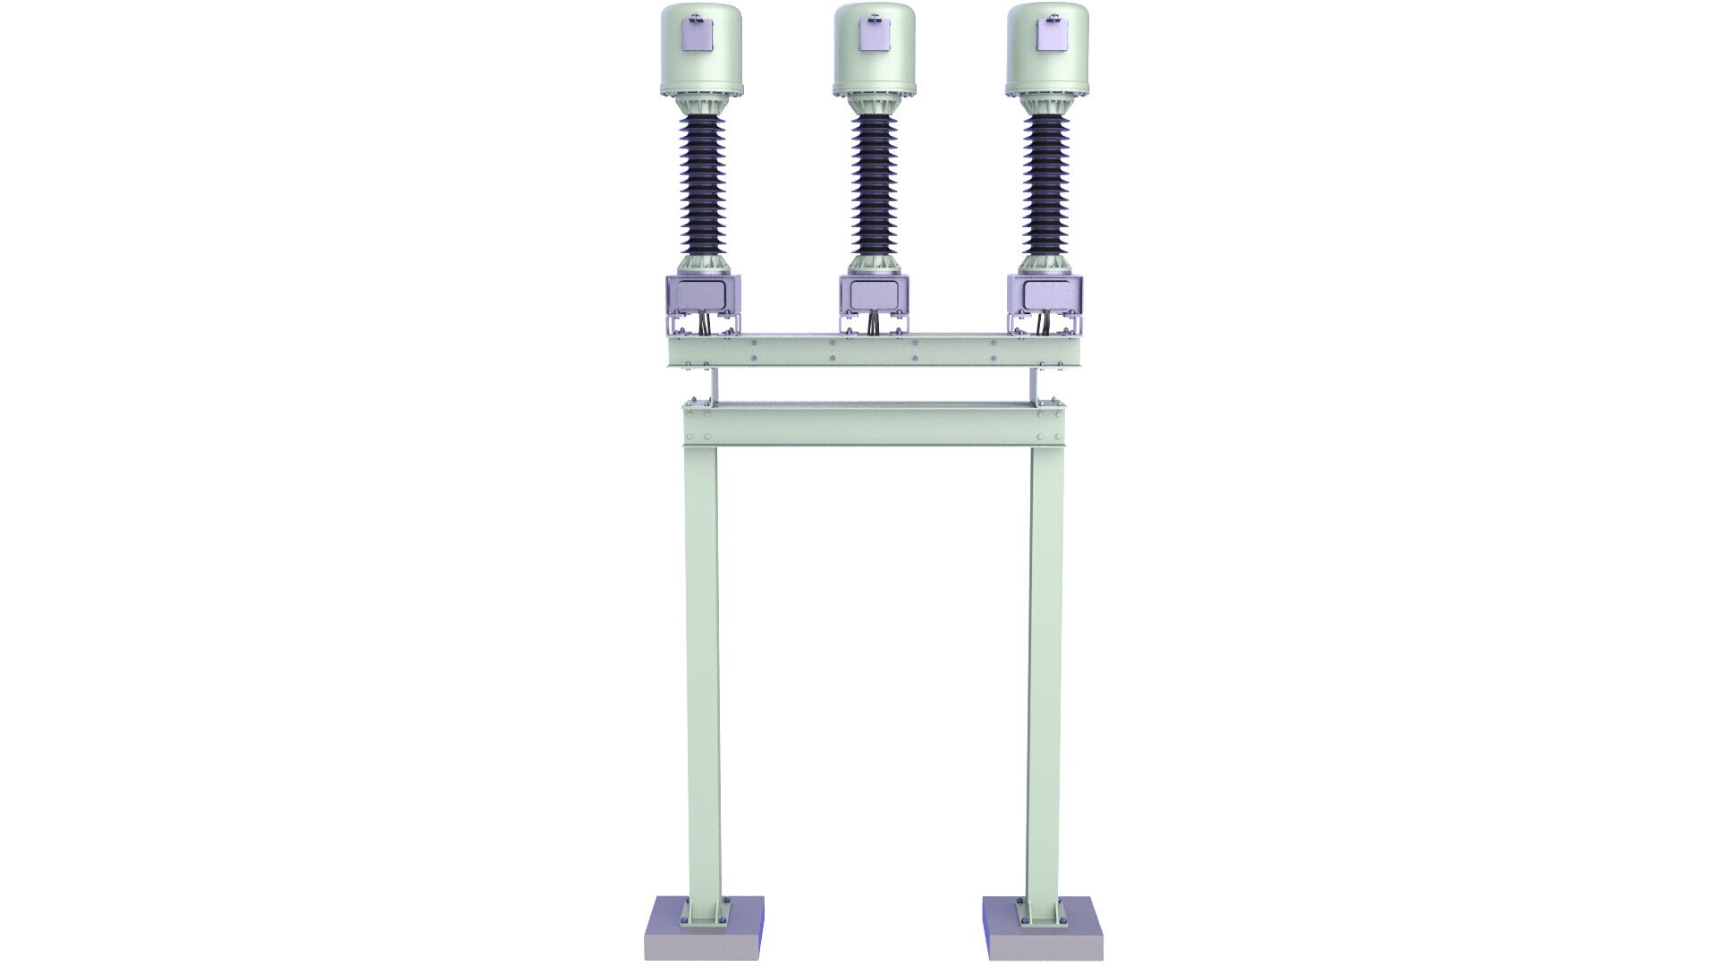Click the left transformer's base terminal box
(x=704, y=294)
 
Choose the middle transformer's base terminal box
(x=875, y=294)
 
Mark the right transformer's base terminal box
(x=1045, y=294)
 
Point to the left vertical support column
(x=702, y=671)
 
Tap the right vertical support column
(x=1045, y=671)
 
